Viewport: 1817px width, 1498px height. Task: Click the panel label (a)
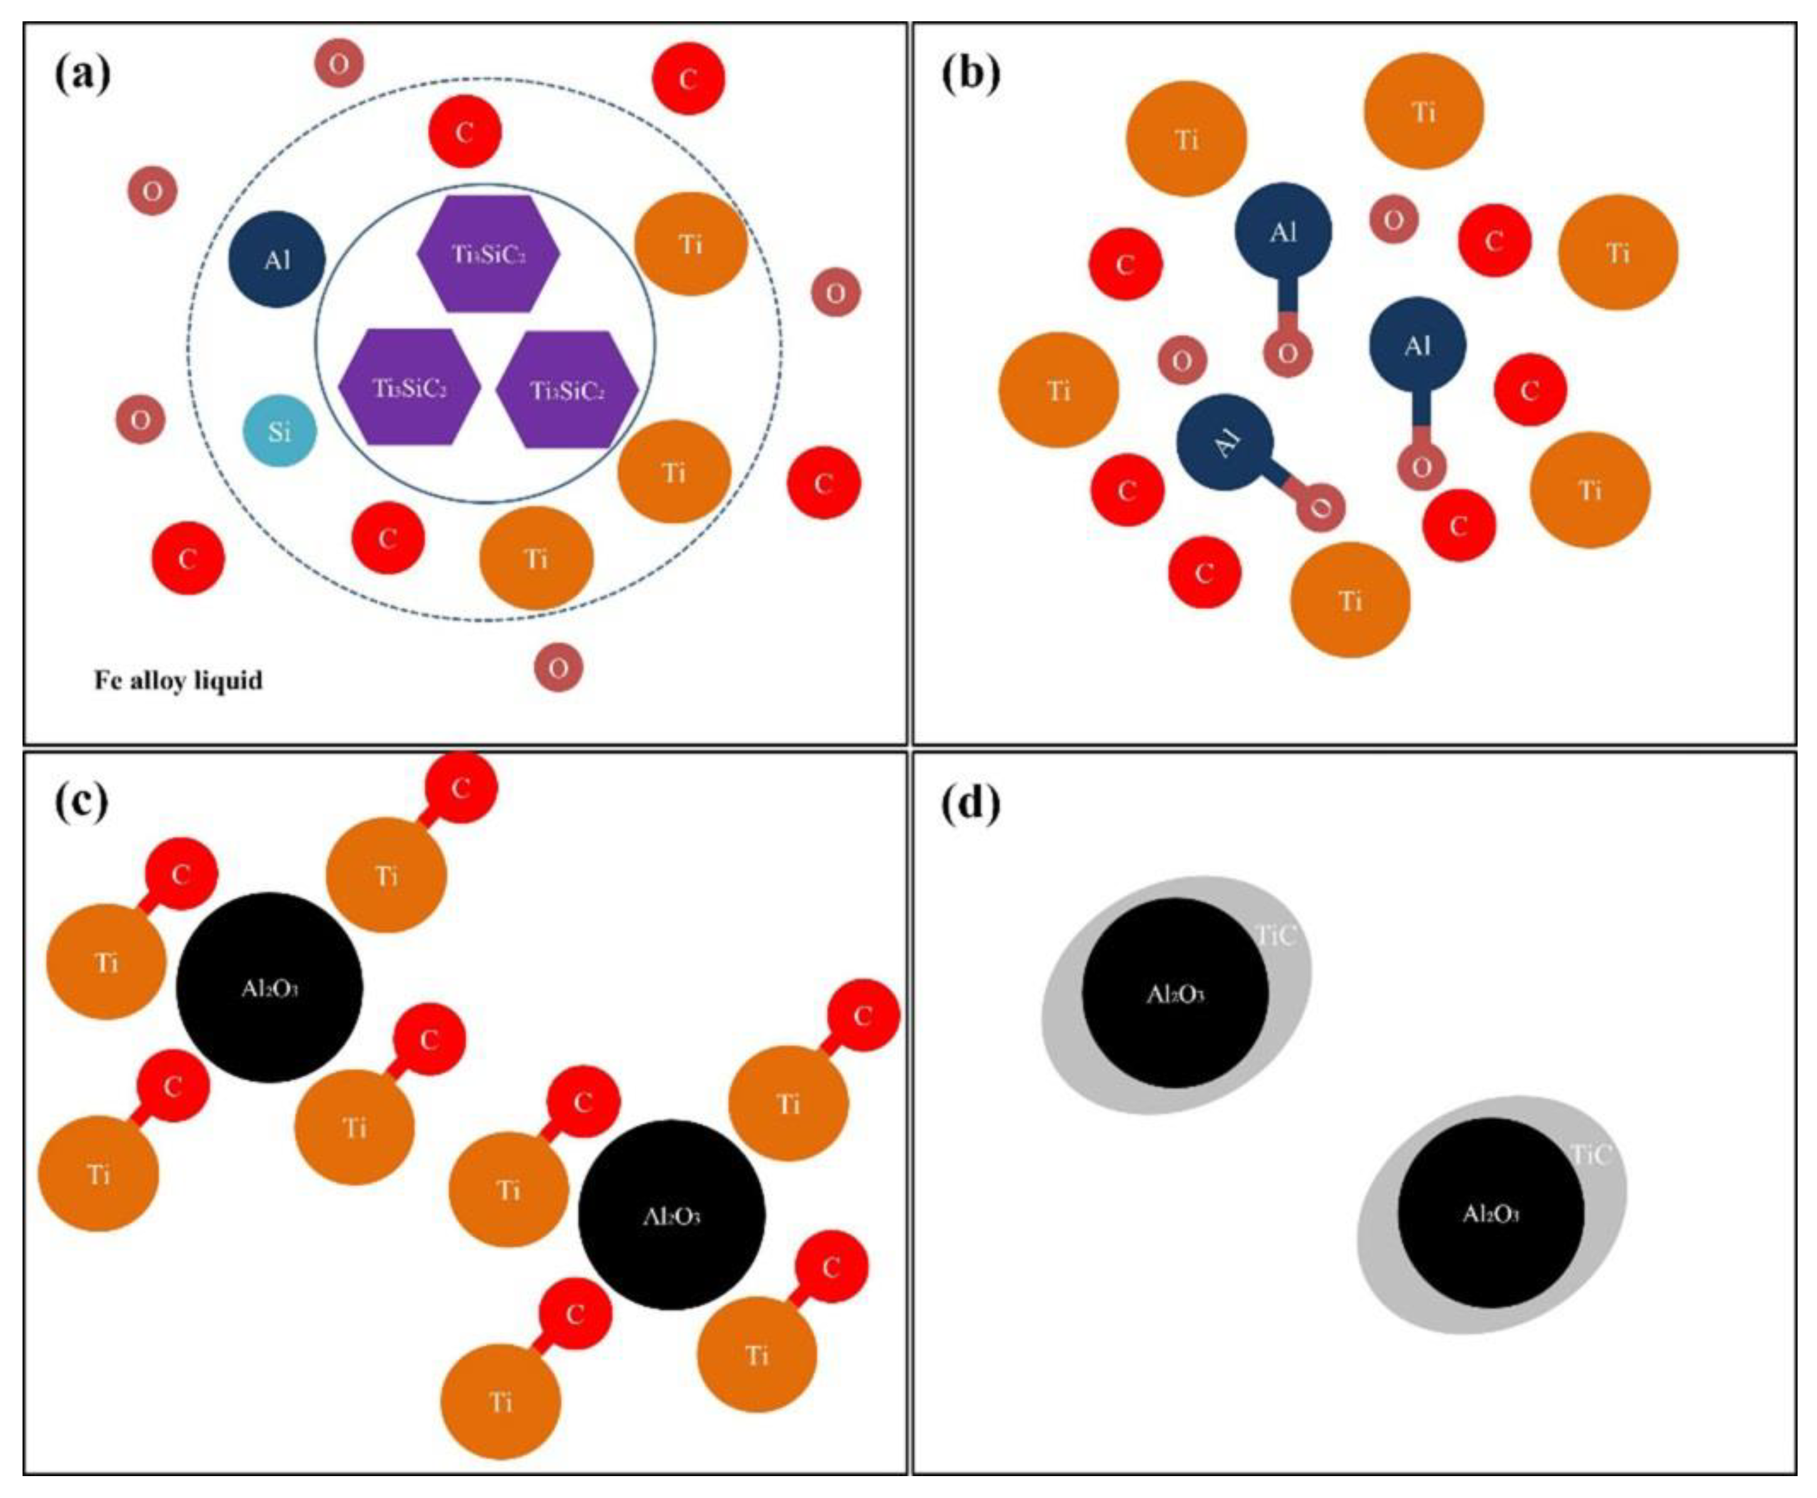coord(82,73)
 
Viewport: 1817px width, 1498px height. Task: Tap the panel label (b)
coord(971,73)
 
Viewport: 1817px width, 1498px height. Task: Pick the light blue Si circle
coord(279,430)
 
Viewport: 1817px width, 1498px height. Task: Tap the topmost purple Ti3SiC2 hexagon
coord(488,253)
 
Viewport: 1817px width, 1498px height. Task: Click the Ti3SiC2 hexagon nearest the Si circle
coord(409,387)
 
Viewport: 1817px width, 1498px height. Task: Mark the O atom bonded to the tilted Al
coord(1319,507)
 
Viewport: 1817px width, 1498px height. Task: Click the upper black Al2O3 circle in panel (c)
coord(269,987)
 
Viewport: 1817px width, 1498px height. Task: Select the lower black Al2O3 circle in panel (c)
coord(671,1215)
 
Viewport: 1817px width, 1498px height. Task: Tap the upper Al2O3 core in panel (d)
coord(1175,993)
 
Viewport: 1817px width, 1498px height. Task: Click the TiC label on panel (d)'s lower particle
coord(1591,1155)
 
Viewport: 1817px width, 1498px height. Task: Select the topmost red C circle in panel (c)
coord(461,786)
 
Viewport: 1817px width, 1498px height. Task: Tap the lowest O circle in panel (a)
coord(558,667)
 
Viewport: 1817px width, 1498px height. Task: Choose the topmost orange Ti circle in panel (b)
coord(1424,111)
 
